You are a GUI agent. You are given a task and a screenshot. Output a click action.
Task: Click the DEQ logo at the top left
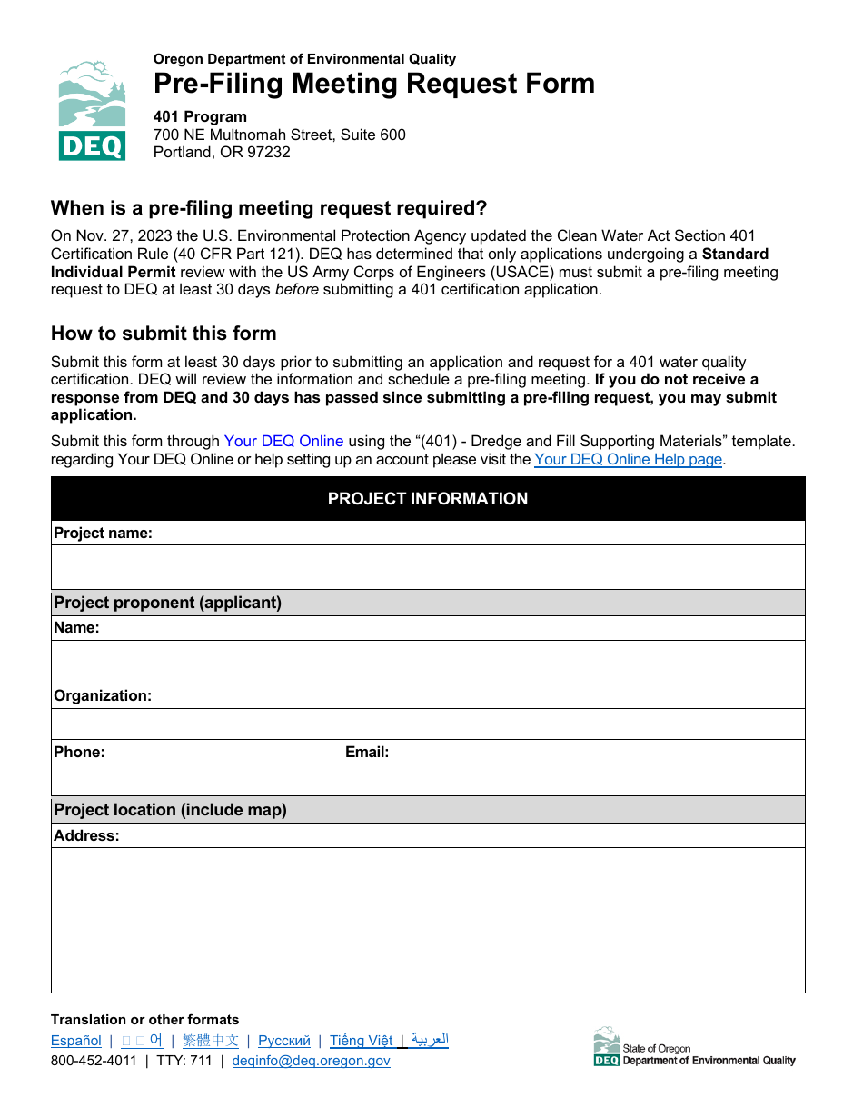tap(92, 110)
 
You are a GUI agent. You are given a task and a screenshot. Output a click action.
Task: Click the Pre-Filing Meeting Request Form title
tap(373, 84)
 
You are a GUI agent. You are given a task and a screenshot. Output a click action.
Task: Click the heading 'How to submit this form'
tap(164, 333)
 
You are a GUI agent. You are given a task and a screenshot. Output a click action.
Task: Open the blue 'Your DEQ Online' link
tap(283, 441)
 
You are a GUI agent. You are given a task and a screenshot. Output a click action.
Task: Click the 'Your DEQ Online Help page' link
tap(628, 459)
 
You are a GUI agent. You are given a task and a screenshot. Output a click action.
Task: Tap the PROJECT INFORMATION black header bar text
tap(427, 498)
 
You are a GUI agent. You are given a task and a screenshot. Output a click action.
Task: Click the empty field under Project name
tap(427, 567)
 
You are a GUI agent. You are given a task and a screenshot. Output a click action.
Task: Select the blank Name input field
tap(427, 662)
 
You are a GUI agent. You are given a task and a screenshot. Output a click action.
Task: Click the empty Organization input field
tap(427, 724)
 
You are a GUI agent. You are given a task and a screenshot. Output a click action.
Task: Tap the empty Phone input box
tap(196, 780)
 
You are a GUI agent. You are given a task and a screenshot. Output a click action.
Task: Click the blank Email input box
tap(573, 780)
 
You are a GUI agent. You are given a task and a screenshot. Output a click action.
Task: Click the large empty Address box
tap(427, 920)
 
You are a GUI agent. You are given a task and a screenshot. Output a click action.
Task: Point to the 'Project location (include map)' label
tap(170, 810)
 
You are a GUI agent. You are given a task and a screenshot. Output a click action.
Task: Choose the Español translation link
tap(76, 1041)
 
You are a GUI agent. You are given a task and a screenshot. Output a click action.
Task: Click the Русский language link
tap(284, 1041)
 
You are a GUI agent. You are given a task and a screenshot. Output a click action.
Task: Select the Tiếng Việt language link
tap(362, 1041)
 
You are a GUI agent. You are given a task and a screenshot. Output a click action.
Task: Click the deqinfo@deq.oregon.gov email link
tap(312, 1061)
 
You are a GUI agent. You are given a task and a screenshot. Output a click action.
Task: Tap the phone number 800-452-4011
tap(94, 1061)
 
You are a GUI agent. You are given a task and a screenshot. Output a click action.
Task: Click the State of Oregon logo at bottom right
tap(694, 1047)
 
